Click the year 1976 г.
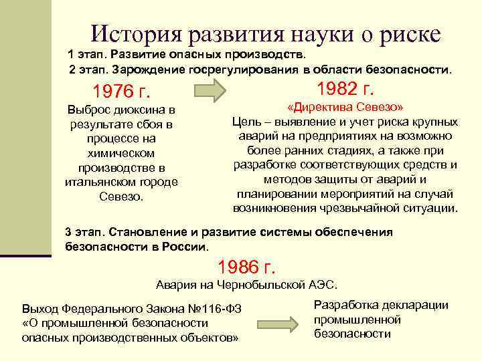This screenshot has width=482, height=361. pyautogui.click(x=121, y=91)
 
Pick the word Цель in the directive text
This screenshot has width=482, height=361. pyautogui.click(x=245, y=122)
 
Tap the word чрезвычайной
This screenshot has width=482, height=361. pyautogui.click(x=365, y=208)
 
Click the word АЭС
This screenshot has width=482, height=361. pyautogui.click(x=322, y=284)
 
